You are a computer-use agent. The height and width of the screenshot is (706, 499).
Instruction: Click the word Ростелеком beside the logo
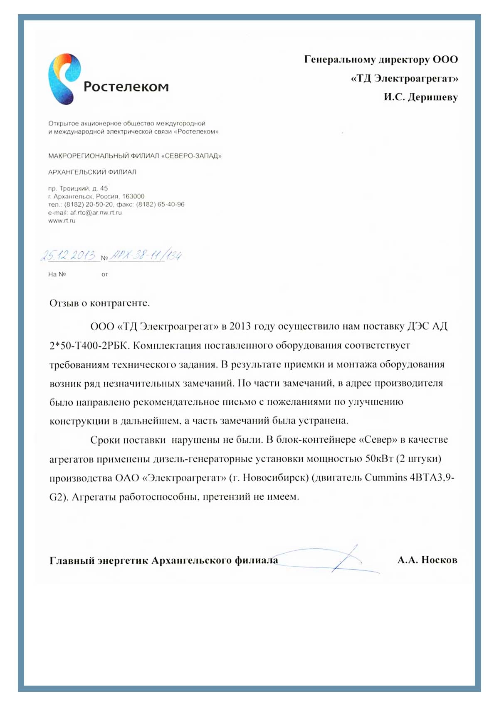[x=126, y=87]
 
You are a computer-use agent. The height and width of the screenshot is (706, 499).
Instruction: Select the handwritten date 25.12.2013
[x=68, y=255]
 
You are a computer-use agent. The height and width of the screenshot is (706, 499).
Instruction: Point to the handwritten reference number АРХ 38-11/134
[x=146, y=255]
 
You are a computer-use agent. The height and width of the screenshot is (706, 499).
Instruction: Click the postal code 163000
[x=133, y=196]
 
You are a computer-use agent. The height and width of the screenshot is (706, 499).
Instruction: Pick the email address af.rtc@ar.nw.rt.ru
[x=96, y=213]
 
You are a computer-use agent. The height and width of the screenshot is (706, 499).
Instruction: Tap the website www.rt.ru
[x=62, y=220]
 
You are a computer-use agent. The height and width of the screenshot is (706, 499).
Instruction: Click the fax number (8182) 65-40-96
[x=160, y=205]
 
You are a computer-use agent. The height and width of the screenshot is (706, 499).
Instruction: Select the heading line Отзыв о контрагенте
[x=99, y=303]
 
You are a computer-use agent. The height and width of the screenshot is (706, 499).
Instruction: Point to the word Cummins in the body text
[x=385, y=478]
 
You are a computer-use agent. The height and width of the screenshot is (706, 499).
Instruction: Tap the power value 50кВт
[x=379, y=459]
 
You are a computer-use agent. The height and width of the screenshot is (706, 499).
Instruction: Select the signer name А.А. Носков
[x=427, y=560]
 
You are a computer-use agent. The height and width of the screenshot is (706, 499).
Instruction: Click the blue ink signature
[x=333, y=560]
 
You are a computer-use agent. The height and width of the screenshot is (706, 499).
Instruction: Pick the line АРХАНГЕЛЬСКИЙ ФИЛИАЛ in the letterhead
[x=92, y=172]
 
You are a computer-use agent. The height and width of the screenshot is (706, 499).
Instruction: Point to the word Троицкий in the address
[x=74, y=188]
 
